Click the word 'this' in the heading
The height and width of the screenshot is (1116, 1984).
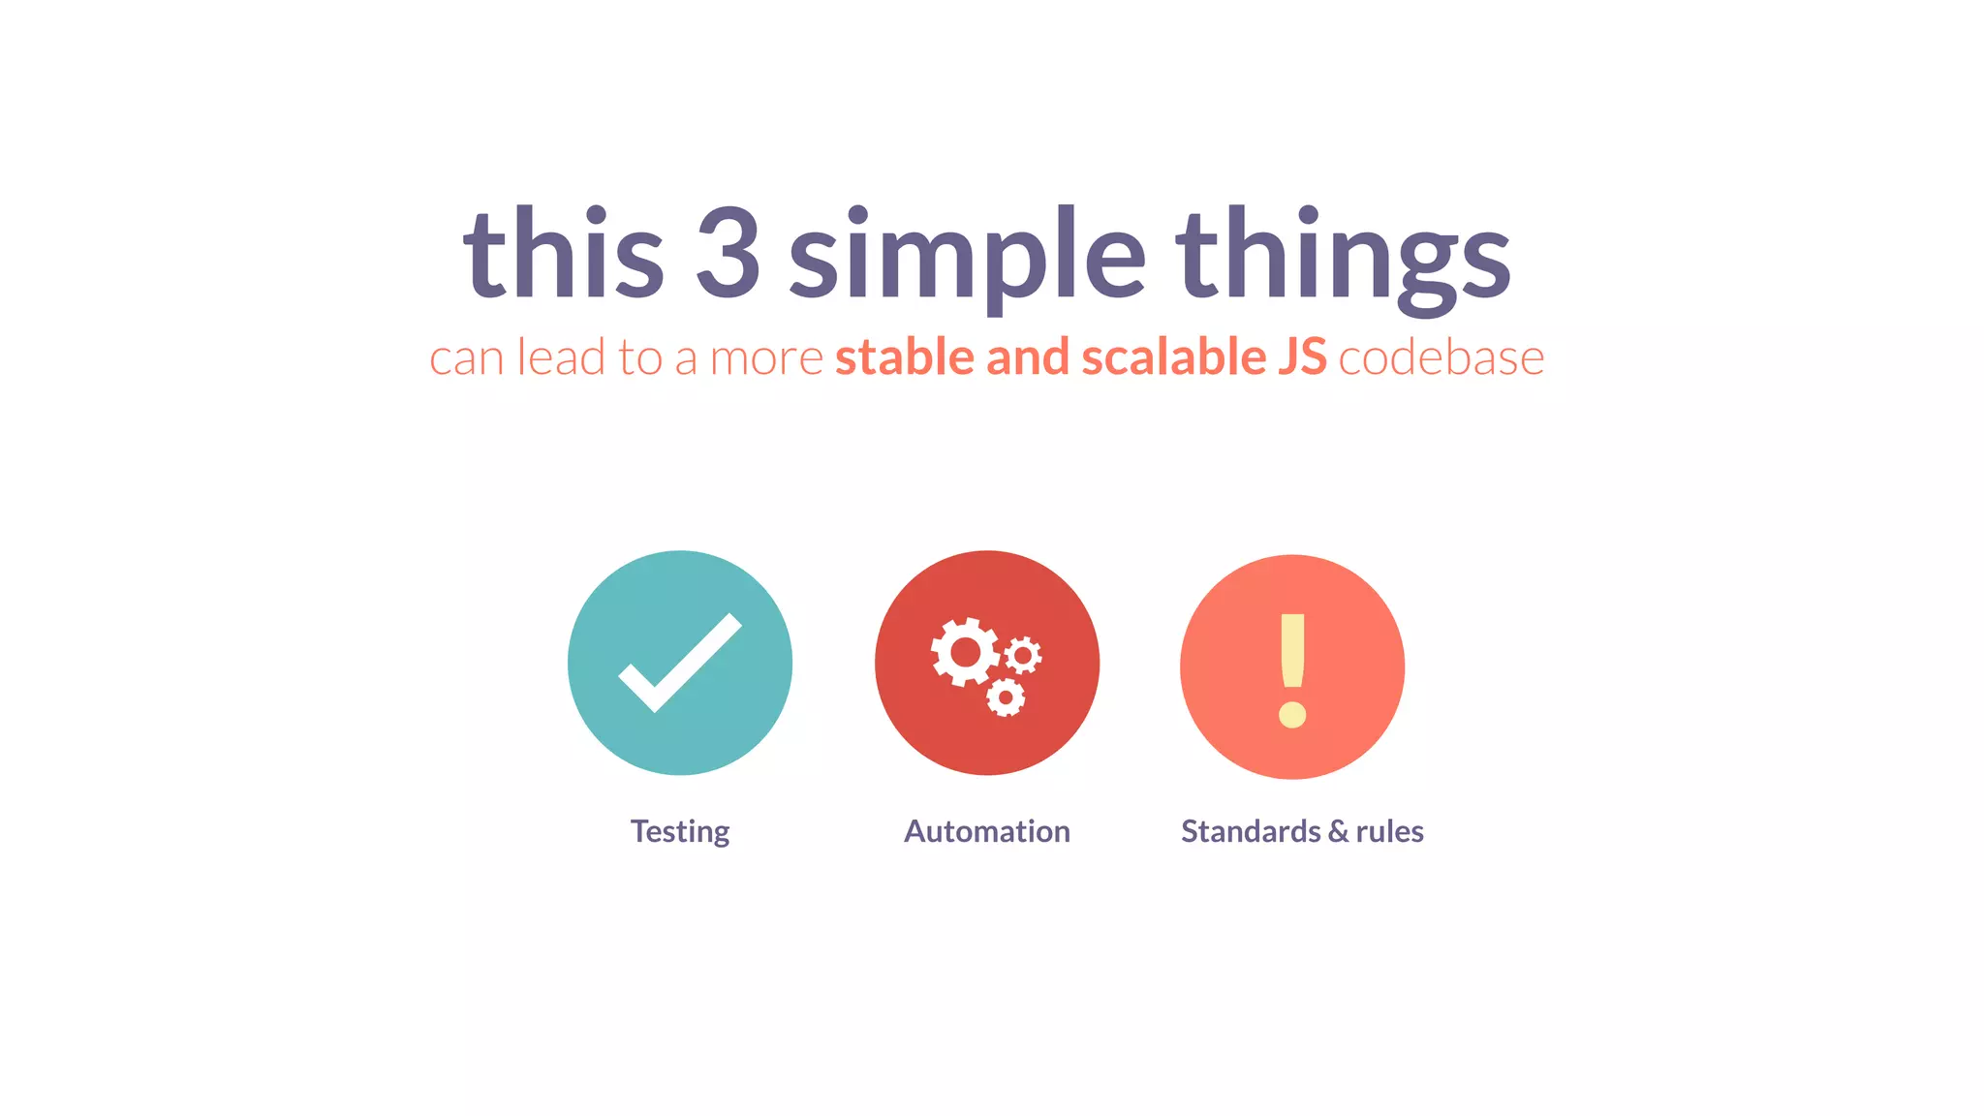click(563, 254)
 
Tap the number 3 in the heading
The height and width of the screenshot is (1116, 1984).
click(728, 254)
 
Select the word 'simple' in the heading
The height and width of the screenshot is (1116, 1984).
click(966, 257)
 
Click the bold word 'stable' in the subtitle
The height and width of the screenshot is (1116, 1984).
click(905, 356)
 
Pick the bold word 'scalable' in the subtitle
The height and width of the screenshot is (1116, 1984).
click(1173, 356)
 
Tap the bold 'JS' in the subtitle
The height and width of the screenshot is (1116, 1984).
click(1301, 356)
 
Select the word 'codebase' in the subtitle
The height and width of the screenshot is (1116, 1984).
click(1441, 357)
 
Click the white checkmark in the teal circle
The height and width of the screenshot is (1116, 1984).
click(679, 663)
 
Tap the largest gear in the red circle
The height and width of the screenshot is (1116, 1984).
click(965, 652)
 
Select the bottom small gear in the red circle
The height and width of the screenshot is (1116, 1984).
click(1006, 697)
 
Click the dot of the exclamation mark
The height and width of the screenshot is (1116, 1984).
click(1292, 715)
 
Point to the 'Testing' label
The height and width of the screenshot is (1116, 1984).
click(680, 831)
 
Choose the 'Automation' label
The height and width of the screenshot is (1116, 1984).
click(986, 831)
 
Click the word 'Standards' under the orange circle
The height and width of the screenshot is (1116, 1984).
click(1250, 831)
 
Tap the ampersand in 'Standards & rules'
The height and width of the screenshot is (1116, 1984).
click(1338, 831)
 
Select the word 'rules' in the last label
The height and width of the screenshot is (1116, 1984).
click(1389, 831)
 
